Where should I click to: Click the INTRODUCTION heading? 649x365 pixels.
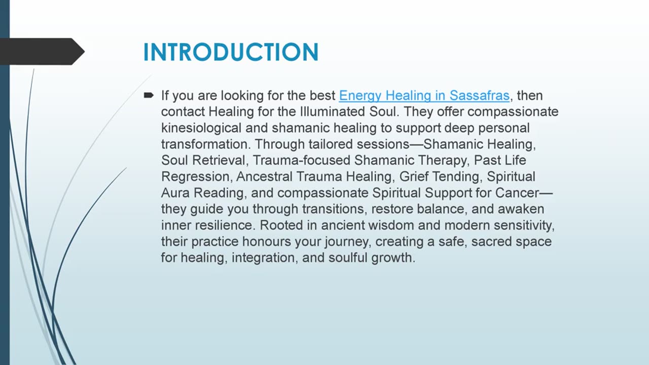pos(231,52)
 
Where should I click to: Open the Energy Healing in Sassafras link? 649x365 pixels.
pos(424,95)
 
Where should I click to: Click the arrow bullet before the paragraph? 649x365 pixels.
pos(149,95)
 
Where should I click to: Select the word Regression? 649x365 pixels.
pos(195,176)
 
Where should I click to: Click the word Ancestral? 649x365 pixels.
pos(264,176)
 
